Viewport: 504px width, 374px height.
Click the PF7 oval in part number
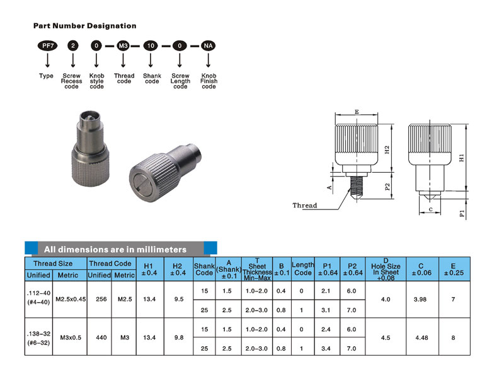point(47,46)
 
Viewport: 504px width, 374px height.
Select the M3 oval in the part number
point(123,46)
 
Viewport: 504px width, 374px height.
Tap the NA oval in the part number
point(209,46)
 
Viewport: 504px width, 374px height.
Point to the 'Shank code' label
point(152,78)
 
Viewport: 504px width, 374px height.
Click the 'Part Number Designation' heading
point(84,26)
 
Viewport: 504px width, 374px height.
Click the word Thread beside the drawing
point(305,205)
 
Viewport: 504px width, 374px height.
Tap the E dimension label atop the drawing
point(357,112)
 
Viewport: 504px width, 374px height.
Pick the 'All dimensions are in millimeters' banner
point(115,249)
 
